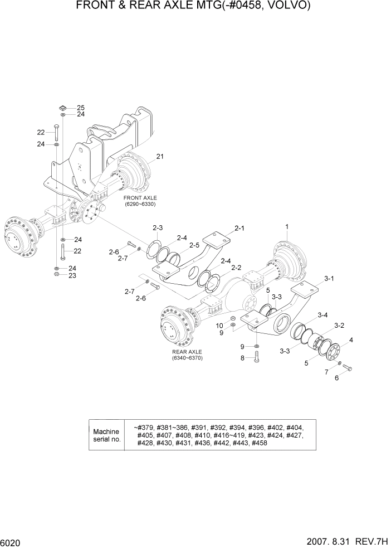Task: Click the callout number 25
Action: tap(81, 108)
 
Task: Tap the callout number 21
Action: tap(161, 156)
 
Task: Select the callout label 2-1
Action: tap(240, 228)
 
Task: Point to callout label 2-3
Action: tap(158, 227)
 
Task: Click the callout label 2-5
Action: tap(194, 245)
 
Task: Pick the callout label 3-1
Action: tap(329, 278)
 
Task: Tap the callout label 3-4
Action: tap(322, 316)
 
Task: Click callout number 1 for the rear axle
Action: tap(287, 227)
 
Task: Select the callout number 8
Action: tap(242, 358)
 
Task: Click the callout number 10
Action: tap(219, 326)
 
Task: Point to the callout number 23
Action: tap(72, 275)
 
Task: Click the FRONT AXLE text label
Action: tap(140, 198)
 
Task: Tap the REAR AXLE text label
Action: tap(187, 352)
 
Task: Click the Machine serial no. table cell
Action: tap(106, 435)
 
